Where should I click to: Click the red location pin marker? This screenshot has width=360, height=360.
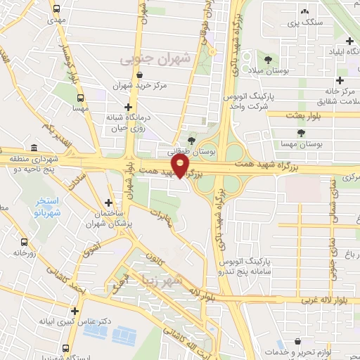181,166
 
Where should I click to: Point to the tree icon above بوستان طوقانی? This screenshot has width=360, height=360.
191,141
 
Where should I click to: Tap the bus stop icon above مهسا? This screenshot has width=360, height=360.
81,98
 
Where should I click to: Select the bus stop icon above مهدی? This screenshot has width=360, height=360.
56,10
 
